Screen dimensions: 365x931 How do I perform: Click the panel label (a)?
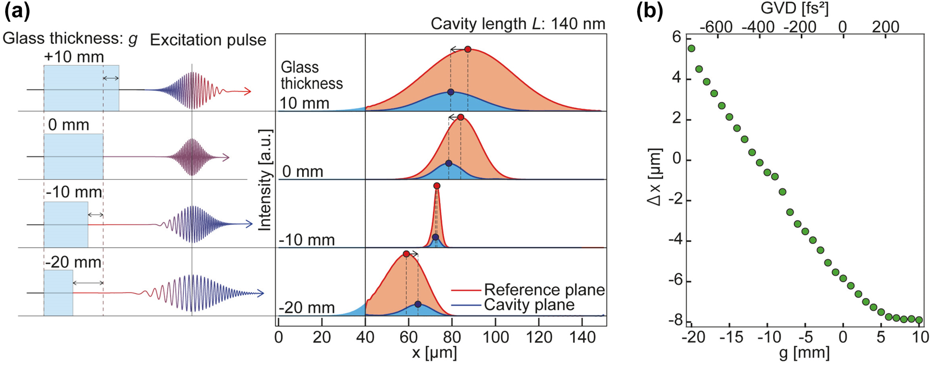[x=17, y=11]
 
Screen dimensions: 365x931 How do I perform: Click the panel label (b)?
[x=650, y=11]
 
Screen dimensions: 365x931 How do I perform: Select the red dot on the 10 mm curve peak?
[x=468, y=49]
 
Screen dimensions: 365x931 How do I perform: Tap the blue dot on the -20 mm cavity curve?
[x=418, y=304]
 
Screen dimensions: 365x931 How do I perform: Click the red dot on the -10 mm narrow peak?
[x=437, y=186]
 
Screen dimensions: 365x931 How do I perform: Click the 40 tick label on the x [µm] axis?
[x=365, y=337]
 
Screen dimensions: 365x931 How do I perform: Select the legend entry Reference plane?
[x=544, y=289]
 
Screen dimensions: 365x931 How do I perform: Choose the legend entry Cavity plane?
[x=529, y=305]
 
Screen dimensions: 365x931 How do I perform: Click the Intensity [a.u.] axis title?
[x=265, y=180]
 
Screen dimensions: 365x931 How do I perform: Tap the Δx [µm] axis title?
[x=655, y=177]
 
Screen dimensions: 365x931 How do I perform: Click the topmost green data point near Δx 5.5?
[x=691, y=48]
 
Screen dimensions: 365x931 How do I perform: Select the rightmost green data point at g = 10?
[x=919, y=320]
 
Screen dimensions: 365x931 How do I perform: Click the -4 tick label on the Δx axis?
[x=675, y=241]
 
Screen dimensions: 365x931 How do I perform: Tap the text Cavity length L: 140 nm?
[x=518, y=23]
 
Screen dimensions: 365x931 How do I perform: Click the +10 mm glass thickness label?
[x=74, y=56]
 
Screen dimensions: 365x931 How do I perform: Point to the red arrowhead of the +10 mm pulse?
[x=248, y=92]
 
